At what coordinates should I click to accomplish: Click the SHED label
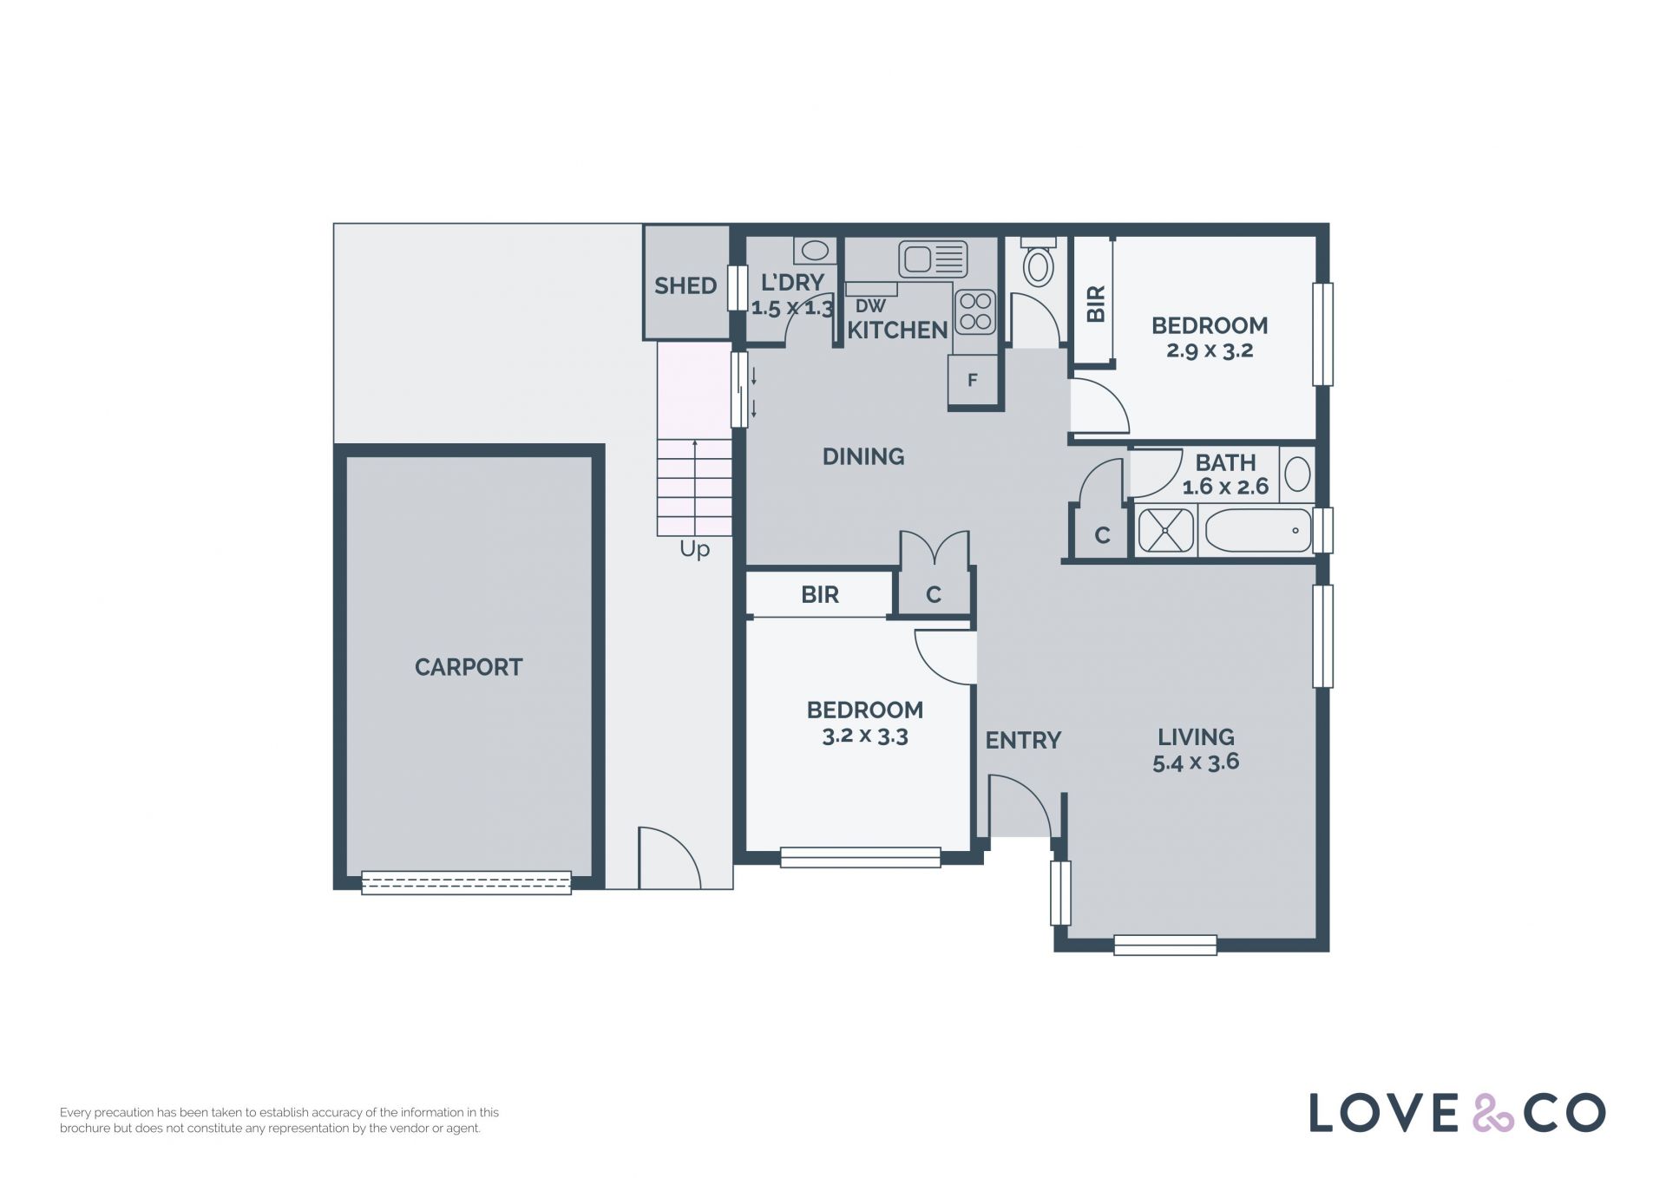click(685, 285)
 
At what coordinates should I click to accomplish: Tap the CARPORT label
click(469, 667)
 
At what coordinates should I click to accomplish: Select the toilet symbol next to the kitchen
click(1038, 261)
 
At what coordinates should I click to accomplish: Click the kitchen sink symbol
click(933, 259)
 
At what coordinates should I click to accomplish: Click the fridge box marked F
click(972, 380)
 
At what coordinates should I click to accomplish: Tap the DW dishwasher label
click(870, 306)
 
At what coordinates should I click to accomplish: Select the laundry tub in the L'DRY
click(815, 251)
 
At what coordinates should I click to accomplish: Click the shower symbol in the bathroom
click(1165, 530)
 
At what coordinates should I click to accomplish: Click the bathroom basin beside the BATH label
click(1297, 474)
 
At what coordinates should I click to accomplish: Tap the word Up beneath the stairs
click(694, 550)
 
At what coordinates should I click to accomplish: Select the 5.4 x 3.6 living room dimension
click(1196, 762)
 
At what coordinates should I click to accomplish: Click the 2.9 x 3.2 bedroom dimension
click(1210, 350)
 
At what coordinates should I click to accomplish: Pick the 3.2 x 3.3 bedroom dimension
click(865, 736)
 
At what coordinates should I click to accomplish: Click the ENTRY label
click(1023, 740)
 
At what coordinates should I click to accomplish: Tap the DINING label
click(863, 456)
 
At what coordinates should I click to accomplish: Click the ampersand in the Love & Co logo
click(1492, 1113)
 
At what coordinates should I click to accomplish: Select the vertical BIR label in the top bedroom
click(1096, 304)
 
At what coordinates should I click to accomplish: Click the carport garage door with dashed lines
click(466, 882)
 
